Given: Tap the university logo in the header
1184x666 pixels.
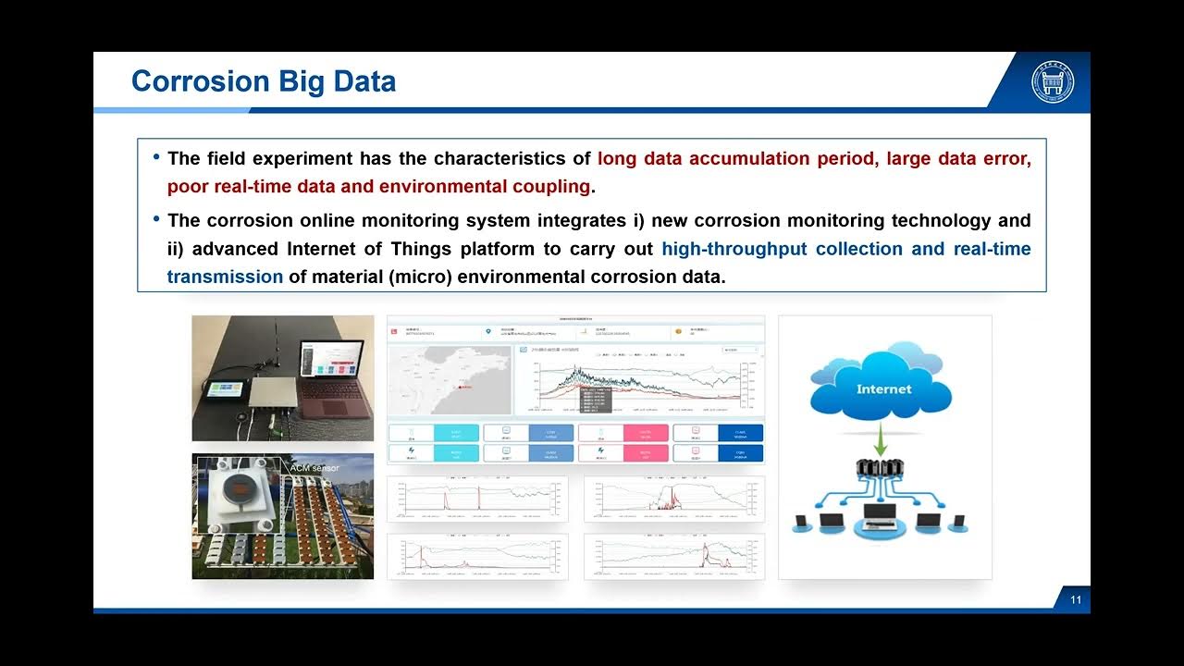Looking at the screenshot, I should [1053, 82].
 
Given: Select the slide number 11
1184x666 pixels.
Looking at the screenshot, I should [1076, 600].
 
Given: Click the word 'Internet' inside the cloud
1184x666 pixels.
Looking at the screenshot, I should [883, 389].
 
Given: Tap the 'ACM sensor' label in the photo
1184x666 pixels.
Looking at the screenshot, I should [314, 468].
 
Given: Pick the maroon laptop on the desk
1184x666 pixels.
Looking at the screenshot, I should [333, 370].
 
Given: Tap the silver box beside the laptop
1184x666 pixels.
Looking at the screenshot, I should [278, 393].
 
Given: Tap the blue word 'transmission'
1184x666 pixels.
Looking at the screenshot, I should [225, 277].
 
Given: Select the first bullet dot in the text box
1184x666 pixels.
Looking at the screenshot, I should [156, 157].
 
